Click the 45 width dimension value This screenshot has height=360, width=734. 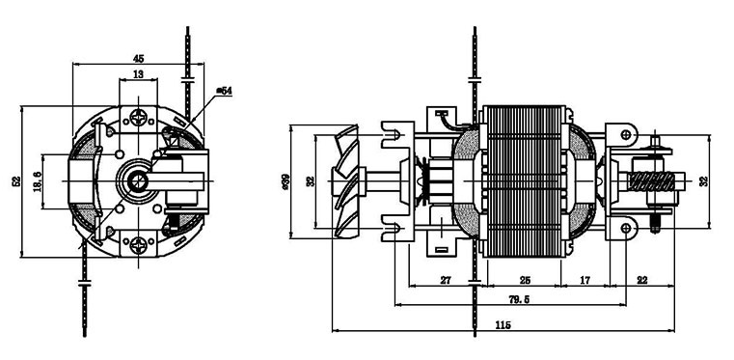tap(138, 59)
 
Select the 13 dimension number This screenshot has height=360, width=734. tap(138, 73)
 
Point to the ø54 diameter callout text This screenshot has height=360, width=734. tap(224, 91)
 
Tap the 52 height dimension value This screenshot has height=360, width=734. tap(16, 181)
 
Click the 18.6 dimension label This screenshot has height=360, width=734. tap(38, 181)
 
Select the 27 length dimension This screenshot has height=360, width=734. tap(446, 280)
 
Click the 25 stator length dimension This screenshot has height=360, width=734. tap(526, 280)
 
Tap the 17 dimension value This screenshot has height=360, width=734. tap(584, 280)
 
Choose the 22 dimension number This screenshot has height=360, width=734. tap(642, 280)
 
